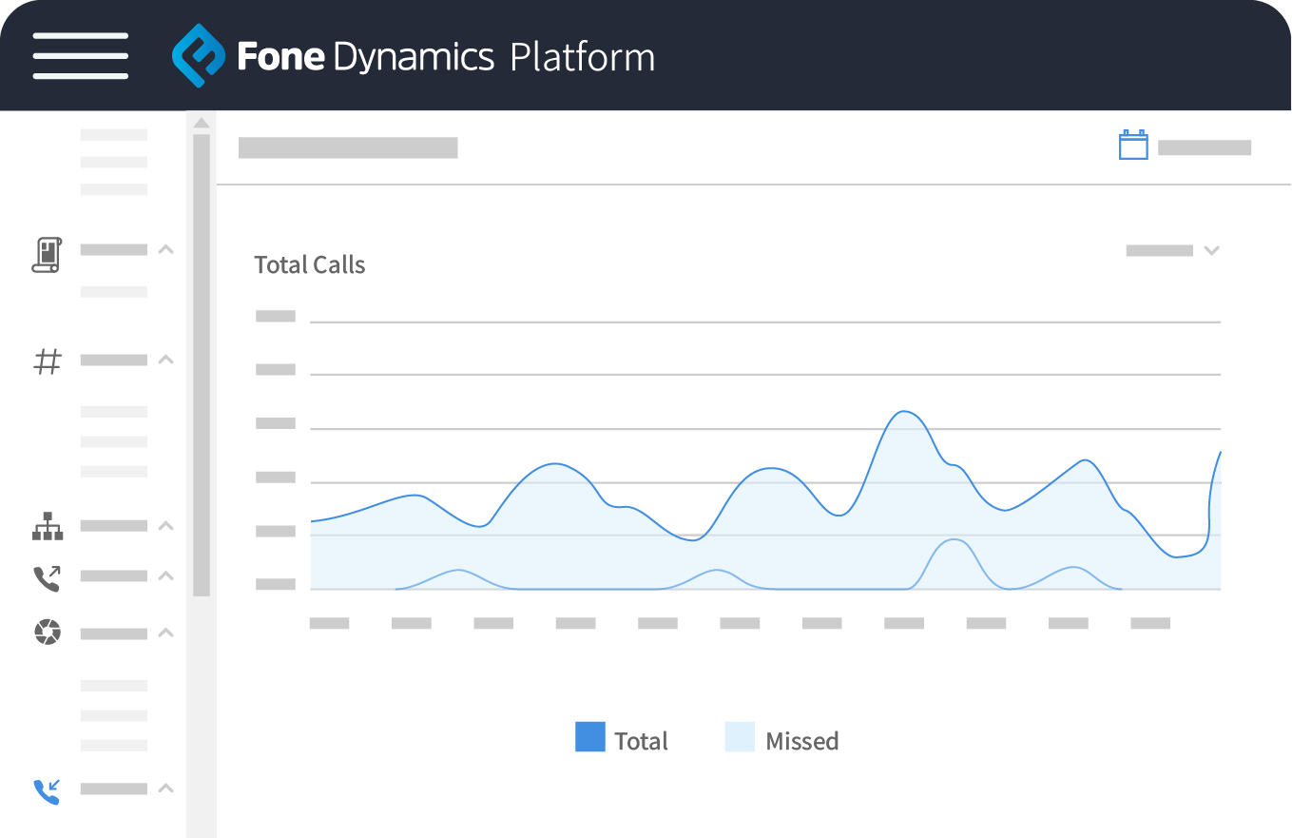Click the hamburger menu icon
81,56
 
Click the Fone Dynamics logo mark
198,56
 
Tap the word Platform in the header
582,57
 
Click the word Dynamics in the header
414,58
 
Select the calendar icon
1133,146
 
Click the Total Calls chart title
310,265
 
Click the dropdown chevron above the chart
1211,250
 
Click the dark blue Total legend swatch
589,737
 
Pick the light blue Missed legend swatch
740,737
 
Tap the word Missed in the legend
802,741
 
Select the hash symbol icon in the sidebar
48,361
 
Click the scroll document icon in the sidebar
47,255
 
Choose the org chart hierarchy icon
48,526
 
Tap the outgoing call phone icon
47,577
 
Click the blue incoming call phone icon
47,790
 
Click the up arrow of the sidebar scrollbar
201,122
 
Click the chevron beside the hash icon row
165,360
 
